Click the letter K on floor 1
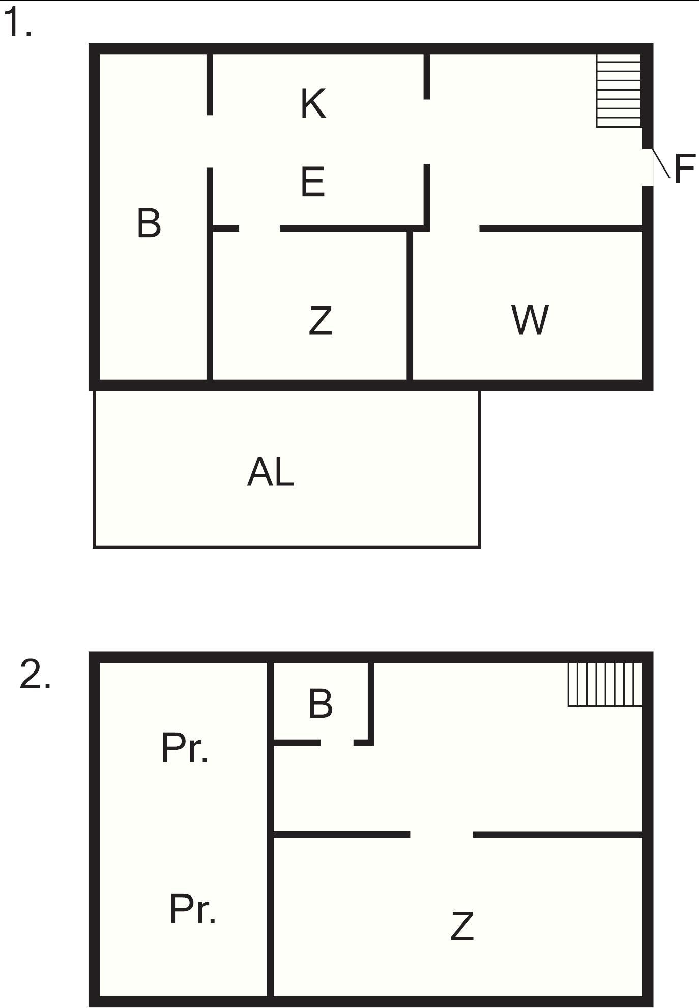(x=313, y=103)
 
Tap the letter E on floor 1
(x=312, y=182)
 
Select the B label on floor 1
(x=149, y=222)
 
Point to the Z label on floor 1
(x=321, y=320)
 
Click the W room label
(x=530, y=320)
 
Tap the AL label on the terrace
(x=271, y=472)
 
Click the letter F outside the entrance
(x=684, y=169)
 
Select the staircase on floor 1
(x=619, y=91)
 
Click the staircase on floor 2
(x=605, y=684)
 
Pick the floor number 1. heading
(x=18, y=23)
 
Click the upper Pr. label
(x=185, y=748)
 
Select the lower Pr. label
(x=192, y=909)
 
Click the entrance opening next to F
(x=647, y=167)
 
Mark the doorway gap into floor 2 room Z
(x=442, y=834)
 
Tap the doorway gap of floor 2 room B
(x=337, y=743)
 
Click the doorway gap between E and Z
(x=259, y=228)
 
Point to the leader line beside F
(x=661, y=163)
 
